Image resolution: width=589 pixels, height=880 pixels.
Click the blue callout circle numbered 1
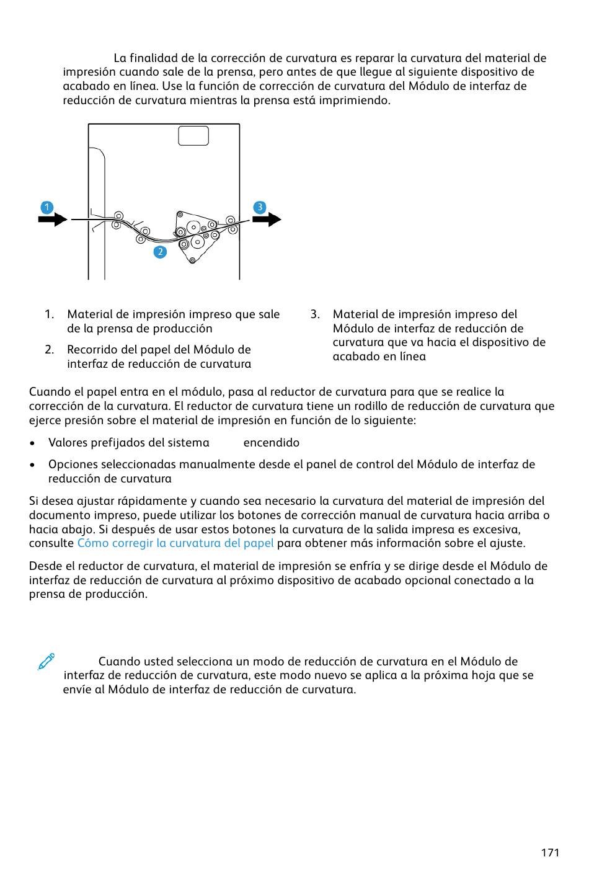click(x=46, y=207)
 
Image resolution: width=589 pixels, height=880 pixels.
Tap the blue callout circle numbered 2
click(x=160, y=252)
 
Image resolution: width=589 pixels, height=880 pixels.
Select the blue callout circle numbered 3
click(x=260, y=207)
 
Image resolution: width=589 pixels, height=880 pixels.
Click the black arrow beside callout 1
click(x=53, y=219)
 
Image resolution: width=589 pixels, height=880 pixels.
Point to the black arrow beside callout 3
click(x=267, y=219)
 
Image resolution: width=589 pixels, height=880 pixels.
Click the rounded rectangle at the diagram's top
click(x=193, y=136)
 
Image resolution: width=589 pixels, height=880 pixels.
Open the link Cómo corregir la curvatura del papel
click(x=175, y=543)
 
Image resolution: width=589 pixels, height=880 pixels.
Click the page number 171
click(x=549, y=852)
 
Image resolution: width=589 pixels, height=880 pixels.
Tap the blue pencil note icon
click(x=46, y=661)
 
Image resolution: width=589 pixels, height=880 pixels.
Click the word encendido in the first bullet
click(x=271, y=443)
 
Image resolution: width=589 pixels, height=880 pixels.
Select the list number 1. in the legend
click(x=50, y=314)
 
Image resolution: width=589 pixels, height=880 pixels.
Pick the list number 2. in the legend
click(x=50, y=350)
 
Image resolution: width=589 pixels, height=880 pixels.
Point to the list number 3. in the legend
click(x=315, y=314)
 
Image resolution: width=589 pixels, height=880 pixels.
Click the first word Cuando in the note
click(x=118, y=662)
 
